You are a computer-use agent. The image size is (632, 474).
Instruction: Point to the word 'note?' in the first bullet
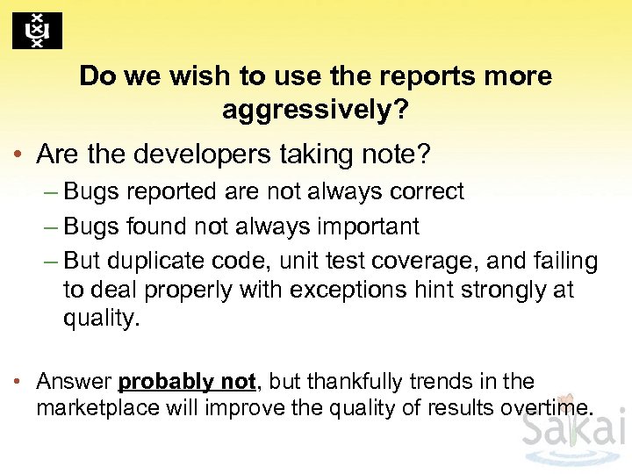coord(397,154)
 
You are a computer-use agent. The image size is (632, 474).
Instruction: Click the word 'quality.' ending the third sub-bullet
coord(101,318)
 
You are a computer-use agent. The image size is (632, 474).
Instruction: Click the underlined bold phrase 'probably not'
coord(187,382)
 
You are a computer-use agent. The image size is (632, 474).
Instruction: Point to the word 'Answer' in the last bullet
coord(74,382)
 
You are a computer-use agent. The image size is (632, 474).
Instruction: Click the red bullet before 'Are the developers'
coord(18,155)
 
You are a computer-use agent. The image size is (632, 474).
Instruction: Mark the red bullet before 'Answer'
coord(18,383)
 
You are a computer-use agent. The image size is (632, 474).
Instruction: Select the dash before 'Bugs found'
coord(51,226)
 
